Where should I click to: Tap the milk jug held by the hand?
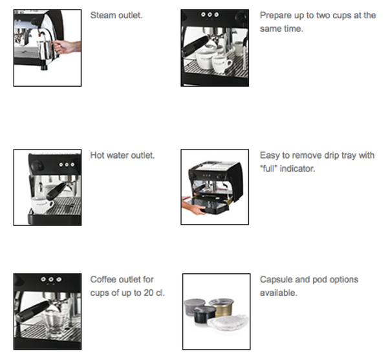pyautogui.click(x=47, y=50)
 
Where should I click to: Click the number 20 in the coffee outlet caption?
pyautogui.click(x=149, y=293)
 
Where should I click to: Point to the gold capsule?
pyautogui.click(x=221, y=307)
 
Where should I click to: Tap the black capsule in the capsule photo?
pyautogui.click(x=204, y=314)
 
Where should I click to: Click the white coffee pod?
pyautogui.click(x=228, y=322)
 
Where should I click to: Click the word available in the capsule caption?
pyautogui.click(x=278, y=293)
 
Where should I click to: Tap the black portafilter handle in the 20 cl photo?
pyautogui.click(x=31, y=311)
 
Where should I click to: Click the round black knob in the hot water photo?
pyautogui.click(x=37, y=165)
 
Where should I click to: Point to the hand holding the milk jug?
pyautogui.click(x=67, y=47)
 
